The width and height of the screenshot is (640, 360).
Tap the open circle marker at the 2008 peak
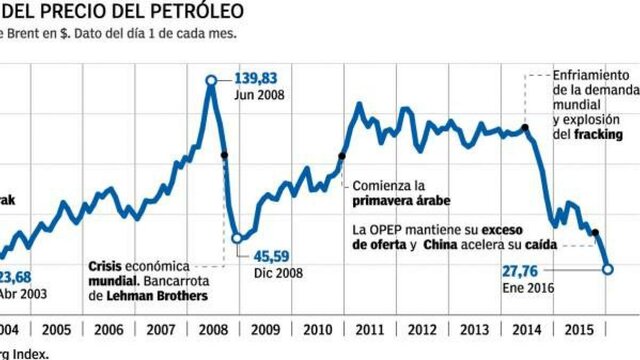[x=211, y=80]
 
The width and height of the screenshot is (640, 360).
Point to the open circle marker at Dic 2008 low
[x=237, y=238]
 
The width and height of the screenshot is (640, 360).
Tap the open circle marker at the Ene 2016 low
[x=608, y=269]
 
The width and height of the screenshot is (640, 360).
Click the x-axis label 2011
[x=368, y=329]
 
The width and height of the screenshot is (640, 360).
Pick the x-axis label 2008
[x=212, y=329]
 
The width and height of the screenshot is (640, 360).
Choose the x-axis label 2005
[x=56, y=329]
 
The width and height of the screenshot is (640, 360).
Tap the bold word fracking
[x=599, y=134]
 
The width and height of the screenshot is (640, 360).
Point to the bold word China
[x=442, y=244]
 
